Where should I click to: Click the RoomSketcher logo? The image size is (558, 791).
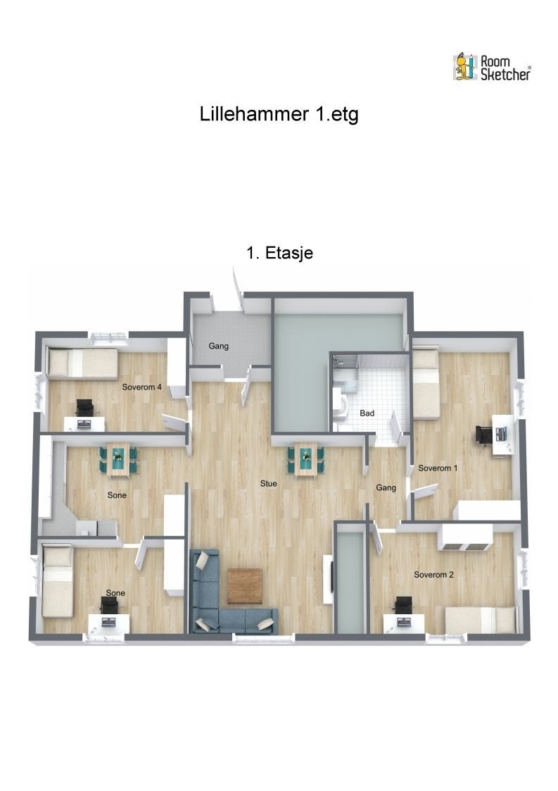[x=491, y=68]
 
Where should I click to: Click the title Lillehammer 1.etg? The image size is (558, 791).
[x=279, y=114]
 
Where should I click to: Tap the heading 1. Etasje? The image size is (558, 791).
[x=279, y=253]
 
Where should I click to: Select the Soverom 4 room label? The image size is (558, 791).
[x=141, y=387]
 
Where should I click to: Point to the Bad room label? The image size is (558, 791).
[x=367, y=413]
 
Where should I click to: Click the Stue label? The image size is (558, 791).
[x=269, y=483]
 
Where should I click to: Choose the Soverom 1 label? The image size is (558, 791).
[x=438, y=468]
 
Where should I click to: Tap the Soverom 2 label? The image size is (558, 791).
[x=433, y=575]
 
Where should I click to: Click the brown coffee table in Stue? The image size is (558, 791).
[x=245, y=586]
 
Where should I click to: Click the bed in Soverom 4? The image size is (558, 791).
[x=82, y=363]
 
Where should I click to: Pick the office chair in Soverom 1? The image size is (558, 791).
[x=483, y=435]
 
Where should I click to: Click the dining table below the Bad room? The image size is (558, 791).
[x=306, y=459]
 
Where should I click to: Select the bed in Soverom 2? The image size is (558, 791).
[x=482, y=619]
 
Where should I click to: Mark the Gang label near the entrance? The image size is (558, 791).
[x=219, y=346]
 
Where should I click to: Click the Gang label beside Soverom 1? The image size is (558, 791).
[x=386, y=488]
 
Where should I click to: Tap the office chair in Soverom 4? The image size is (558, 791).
[x=84, y=407]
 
